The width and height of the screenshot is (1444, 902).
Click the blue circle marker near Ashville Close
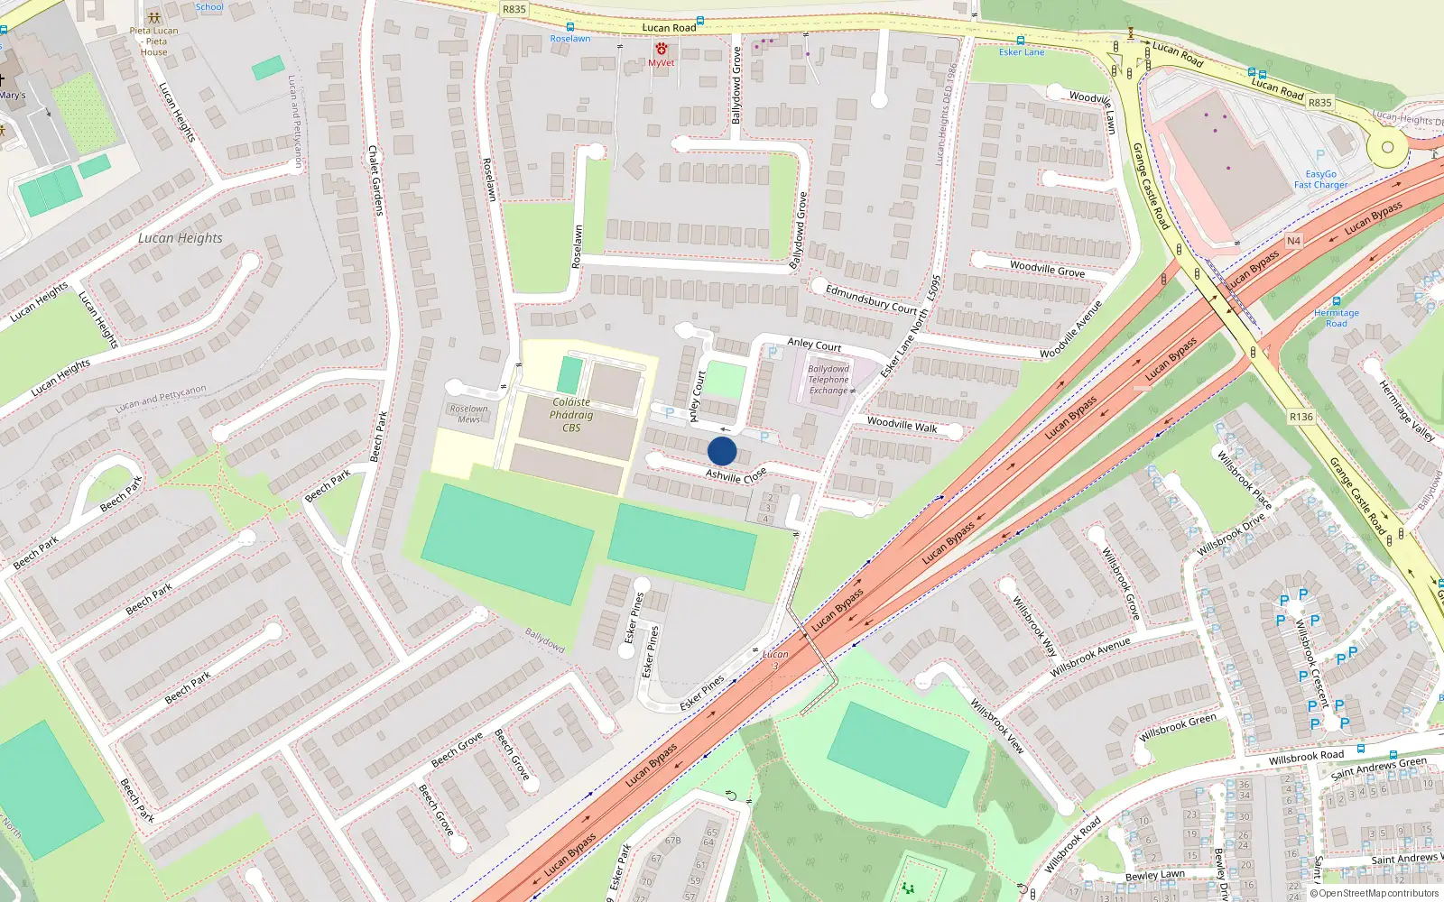point(722,451)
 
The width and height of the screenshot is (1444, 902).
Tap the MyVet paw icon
point(662,49)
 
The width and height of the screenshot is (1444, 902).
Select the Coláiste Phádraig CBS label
point(571,415)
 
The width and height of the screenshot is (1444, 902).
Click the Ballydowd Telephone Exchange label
point(828,380)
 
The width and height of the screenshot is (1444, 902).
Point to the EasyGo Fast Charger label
point(1320,179)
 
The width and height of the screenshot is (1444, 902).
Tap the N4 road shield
point(1293,241)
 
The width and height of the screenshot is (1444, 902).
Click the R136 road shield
point(1301,417)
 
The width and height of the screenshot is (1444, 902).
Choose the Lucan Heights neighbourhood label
point(180,238)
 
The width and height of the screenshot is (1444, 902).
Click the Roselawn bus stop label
point(570,39)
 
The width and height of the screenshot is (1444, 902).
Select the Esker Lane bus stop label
point(1022,52)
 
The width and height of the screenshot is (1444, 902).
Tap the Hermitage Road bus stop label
point(1336,318)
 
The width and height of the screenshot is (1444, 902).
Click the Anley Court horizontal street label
point(814,344)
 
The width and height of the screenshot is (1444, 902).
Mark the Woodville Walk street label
point(902,424)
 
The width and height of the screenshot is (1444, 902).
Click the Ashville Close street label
point(736,475)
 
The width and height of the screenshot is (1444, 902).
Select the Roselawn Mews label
point(468,414)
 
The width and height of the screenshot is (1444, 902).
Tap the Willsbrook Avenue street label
point(1090,658)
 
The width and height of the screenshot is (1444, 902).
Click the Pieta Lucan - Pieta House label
point(154,41)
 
